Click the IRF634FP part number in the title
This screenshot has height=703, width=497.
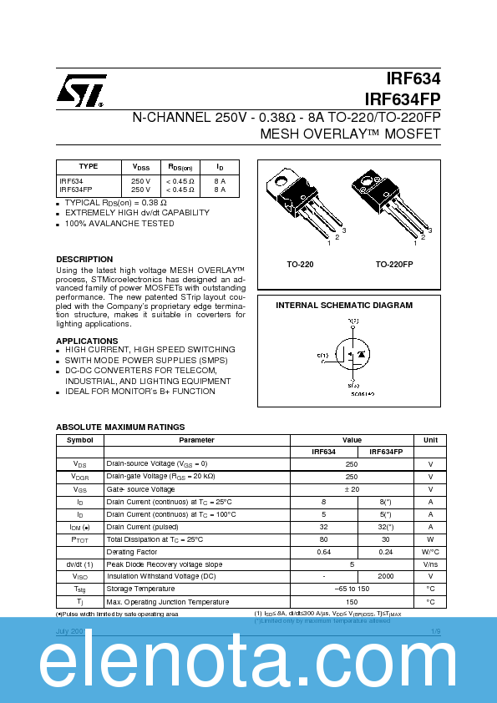click(403, 99)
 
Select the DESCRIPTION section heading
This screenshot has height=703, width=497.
click(84, 260)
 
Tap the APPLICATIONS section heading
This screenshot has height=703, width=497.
click(87, 341)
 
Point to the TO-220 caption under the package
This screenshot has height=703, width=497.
click(300, 265)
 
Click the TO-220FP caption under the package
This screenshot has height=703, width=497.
click(393, 265)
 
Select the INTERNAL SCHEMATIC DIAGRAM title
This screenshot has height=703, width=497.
click(344, 306)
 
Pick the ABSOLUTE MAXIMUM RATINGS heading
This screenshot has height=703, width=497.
click(120, 427)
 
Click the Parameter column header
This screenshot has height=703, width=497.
click(196, 440)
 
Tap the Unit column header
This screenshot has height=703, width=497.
click(430, 440)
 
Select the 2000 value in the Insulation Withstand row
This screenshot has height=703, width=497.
click(386, 576)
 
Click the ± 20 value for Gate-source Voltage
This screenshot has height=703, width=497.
click(352, 489)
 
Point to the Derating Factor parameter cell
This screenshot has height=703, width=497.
click(132, 553)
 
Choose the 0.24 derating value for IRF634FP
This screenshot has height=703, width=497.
click(386, 553)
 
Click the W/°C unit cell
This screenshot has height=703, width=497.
click(430, 553)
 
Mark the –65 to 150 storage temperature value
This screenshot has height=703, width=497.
click(352, 589)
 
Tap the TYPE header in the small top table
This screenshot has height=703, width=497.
click(89, 166)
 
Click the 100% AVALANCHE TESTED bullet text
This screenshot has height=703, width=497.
click(119, 224)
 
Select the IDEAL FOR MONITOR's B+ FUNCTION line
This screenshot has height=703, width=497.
click(140, 391)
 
